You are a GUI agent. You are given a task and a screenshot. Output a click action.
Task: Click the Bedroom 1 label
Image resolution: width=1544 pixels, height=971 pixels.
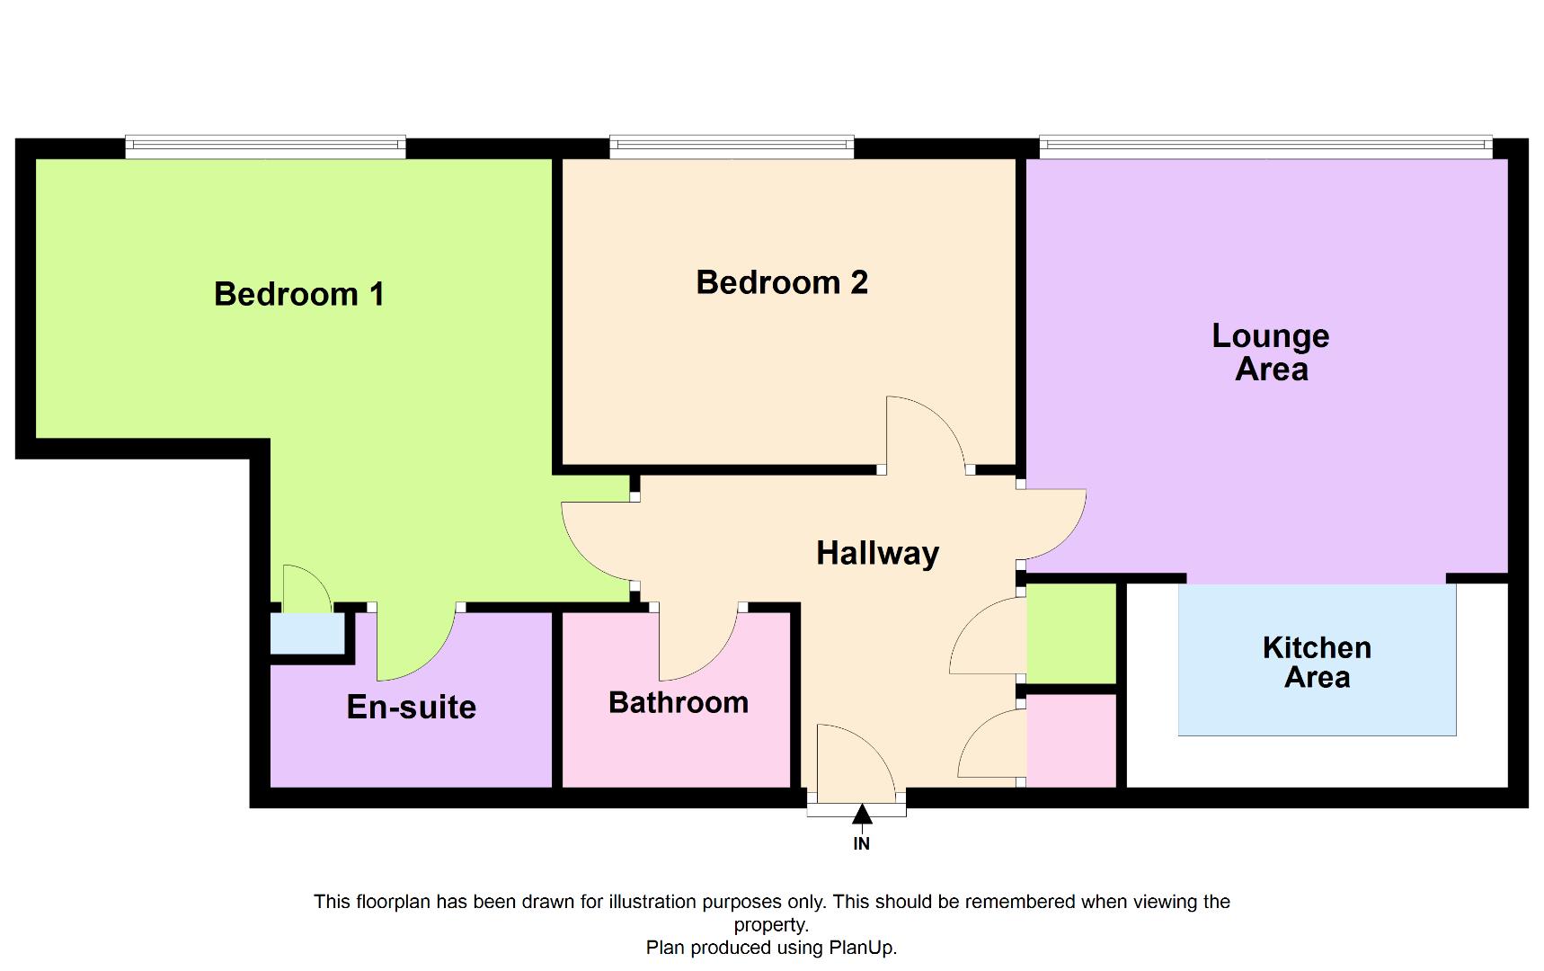click(299, 294)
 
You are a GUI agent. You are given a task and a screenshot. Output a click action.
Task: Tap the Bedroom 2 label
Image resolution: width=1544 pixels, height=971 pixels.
click(782, 282)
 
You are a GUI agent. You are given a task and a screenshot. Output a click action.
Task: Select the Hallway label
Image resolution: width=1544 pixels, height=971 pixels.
click(877, 553)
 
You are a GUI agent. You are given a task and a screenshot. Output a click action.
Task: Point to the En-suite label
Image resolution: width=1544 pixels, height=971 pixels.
click(412, 708)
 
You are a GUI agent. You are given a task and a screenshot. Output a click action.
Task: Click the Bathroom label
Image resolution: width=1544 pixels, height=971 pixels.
click(679, 702)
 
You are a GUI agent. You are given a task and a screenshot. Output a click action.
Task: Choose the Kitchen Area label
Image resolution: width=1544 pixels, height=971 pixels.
click(1317, 662)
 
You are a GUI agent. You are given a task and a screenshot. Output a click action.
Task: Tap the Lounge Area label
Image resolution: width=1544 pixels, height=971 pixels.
click(1270, 352)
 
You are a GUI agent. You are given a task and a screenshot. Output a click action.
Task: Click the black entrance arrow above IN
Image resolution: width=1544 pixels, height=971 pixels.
click(862, 815)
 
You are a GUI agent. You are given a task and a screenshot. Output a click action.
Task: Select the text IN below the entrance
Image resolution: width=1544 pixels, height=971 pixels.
click(861, 843)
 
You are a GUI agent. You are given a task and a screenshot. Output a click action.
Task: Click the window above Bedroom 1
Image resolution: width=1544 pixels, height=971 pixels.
click(265, 146)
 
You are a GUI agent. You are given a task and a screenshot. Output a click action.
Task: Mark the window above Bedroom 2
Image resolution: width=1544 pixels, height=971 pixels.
click(732, 146)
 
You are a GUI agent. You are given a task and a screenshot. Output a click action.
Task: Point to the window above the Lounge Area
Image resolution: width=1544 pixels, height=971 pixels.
click(1265, 146)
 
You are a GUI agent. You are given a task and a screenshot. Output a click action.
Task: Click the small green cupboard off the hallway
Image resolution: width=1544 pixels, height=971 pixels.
click(1071, 633)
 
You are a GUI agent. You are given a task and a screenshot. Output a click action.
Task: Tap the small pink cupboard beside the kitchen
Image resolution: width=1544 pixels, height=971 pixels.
click(1071, 740)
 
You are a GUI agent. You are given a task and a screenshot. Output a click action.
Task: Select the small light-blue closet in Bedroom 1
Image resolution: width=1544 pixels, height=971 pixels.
click(307, 634)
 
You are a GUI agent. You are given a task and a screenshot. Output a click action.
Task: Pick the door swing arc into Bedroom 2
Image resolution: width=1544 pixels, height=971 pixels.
click(926, 432)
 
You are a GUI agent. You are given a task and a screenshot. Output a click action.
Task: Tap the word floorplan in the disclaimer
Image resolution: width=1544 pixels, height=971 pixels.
click(393, 902)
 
